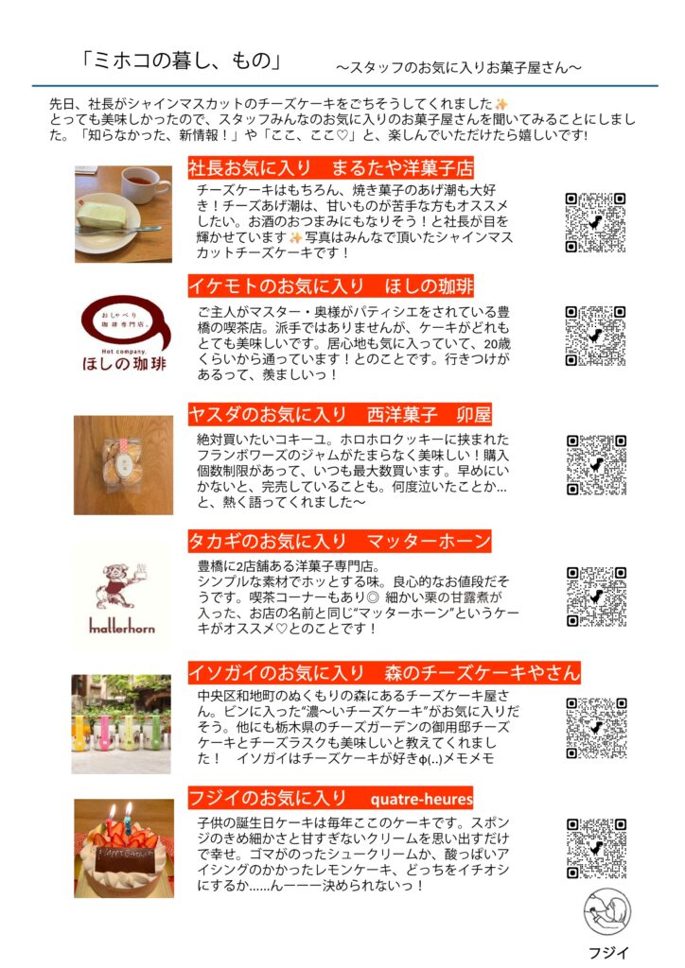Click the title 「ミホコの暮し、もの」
click(181, 61)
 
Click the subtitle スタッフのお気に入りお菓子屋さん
click(458, 67)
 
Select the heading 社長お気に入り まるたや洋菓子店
click(330, 167)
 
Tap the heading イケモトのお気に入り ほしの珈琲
click(331, 285)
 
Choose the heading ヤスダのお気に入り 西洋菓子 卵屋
click(340, 414)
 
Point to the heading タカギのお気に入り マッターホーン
click(340, 542)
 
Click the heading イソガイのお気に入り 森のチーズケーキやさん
click(384, 672)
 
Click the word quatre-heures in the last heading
click(421, 800)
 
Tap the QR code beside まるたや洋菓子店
click(595, 223)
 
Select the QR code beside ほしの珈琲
click(595, 336)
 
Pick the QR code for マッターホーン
click(597, 596)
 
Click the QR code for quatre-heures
click(597, 848)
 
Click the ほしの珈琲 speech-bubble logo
click(124, 334)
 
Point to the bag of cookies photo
click(123, 465)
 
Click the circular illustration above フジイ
click(607, 912)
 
